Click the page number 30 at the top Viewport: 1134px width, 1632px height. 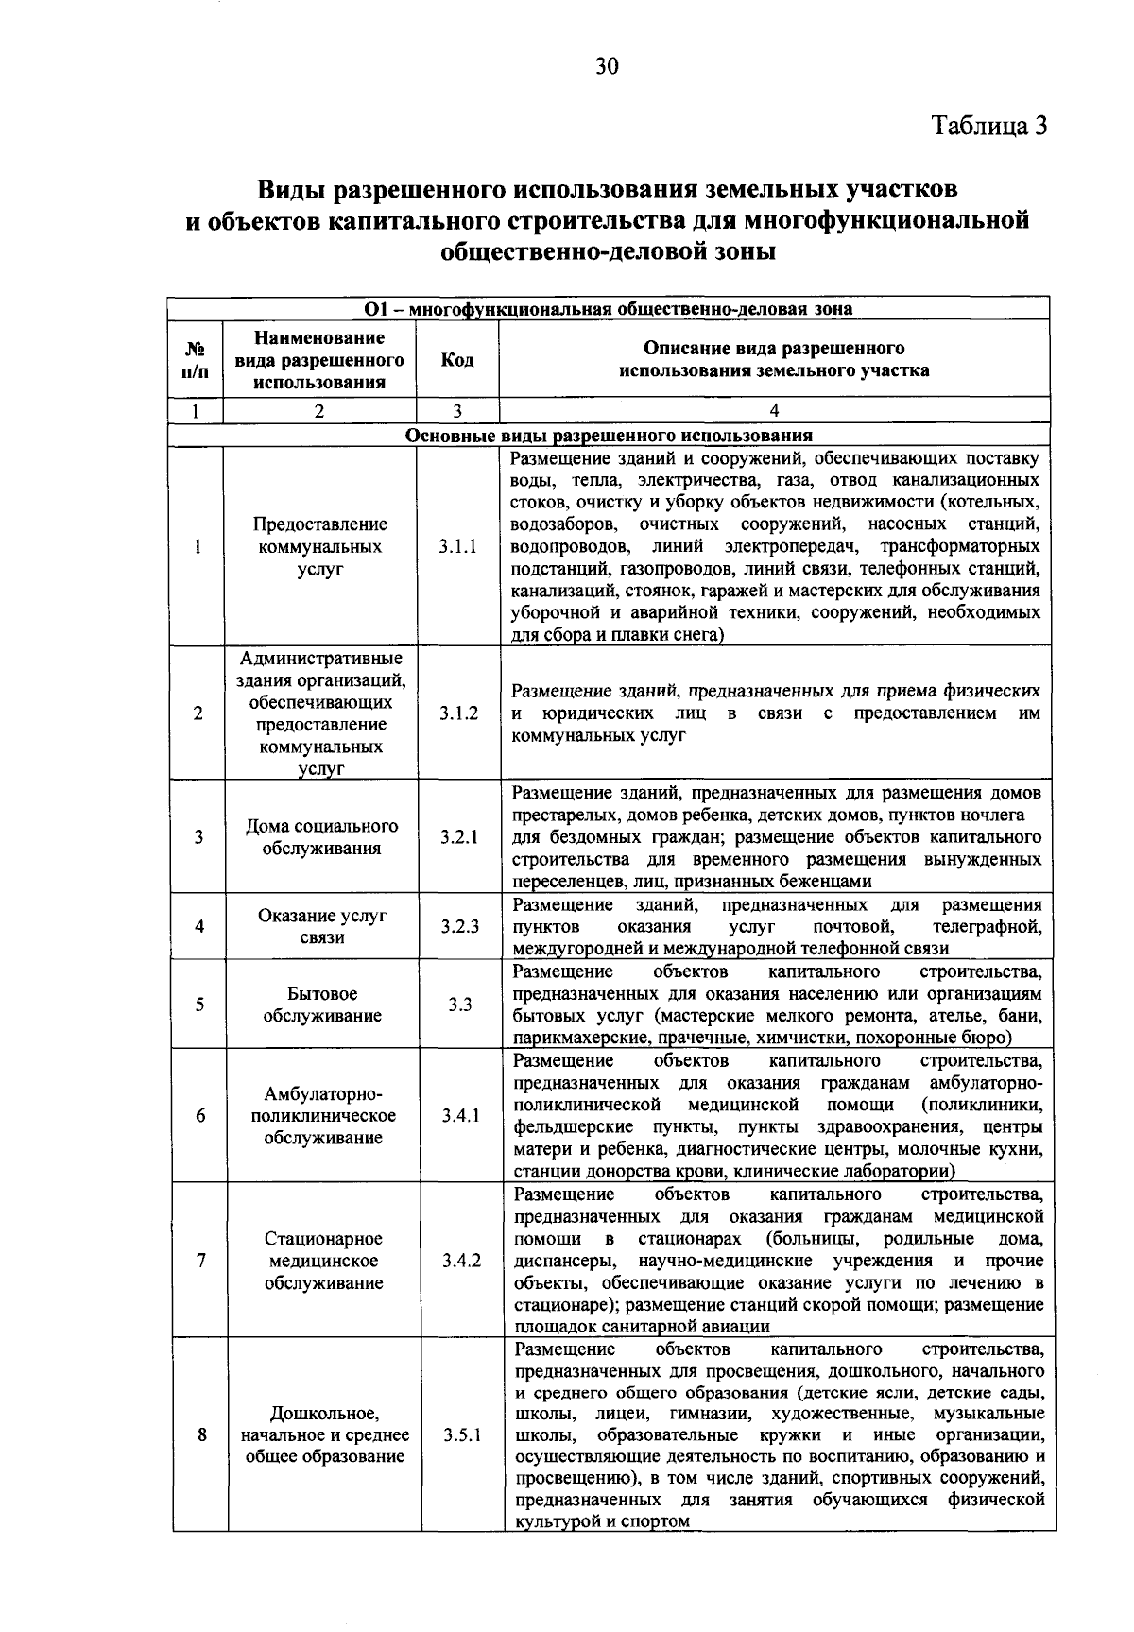606,65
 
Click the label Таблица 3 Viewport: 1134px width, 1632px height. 989,126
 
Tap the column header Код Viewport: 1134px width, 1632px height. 457,360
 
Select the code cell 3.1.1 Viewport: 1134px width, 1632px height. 457,547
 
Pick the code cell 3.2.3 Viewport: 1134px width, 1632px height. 459,927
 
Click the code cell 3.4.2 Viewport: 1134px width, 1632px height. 461,1261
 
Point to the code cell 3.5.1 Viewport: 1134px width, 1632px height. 462,1434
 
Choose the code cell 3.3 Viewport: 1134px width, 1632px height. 460,1005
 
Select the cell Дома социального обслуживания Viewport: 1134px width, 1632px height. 322,836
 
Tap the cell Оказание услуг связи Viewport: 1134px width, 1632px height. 322,926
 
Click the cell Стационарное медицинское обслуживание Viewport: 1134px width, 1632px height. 323,1261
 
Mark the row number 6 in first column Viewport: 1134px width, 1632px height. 200,1115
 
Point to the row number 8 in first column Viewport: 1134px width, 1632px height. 201,1434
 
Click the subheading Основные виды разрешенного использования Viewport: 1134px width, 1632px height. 609,436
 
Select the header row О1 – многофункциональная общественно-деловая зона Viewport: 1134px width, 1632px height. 609,309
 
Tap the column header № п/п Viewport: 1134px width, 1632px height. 196,360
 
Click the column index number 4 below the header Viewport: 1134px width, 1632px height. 774,410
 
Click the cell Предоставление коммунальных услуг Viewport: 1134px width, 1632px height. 320,547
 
